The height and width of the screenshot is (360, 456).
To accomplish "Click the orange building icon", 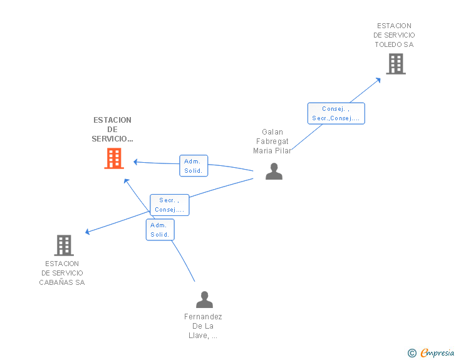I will click(x=113, y=158).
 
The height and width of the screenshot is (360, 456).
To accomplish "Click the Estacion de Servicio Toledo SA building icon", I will click(x=395, y=64).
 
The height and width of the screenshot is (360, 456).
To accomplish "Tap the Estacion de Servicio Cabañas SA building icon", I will click(x=64, y=245).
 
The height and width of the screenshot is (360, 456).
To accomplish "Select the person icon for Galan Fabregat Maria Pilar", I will click(x=274, y=172).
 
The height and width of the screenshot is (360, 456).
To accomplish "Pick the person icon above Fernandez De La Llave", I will click(x=204, y=300).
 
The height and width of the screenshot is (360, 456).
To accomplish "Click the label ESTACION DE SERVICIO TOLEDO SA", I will click(x=394, y=35).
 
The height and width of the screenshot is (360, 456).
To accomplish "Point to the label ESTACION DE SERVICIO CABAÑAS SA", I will click(x=63, y=273).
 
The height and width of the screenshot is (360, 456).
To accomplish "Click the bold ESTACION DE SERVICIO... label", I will click(x=112, y=129).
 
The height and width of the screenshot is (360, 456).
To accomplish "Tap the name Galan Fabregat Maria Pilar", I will click(x=272, y=141).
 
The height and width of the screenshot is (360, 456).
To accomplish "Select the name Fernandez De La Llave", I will click(x=203, y=326).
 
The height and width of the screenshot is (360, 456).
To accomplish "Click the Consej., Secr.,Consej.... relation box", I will click(x=336, y=113).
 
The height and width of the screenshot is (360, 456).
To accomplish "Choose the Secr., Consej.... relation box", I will click(x=169, y=205).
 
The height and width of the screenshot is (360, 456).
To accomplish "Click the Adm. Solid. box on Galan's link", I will click(x=193, y=166).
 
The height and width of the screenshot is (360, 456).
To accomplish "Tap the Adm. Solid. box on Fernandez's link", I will click(x=160, y=230).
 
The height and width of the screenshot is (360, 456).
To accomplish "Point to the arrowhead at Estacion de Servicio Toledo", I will click(x=378, y=80).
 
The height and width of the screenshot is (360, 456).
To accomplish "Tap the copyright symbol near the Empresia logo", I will click(x=412, y=353).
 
